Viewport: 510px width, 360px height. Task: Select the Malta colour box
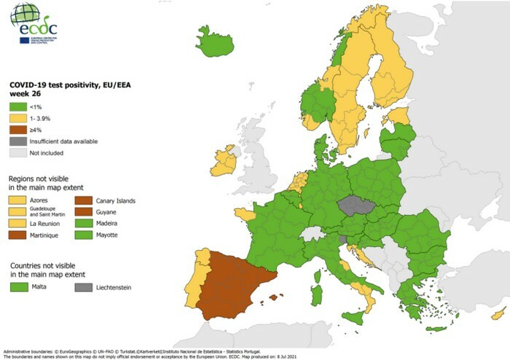21,288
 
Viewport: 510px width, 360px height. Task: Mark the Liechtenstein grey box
87,288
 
